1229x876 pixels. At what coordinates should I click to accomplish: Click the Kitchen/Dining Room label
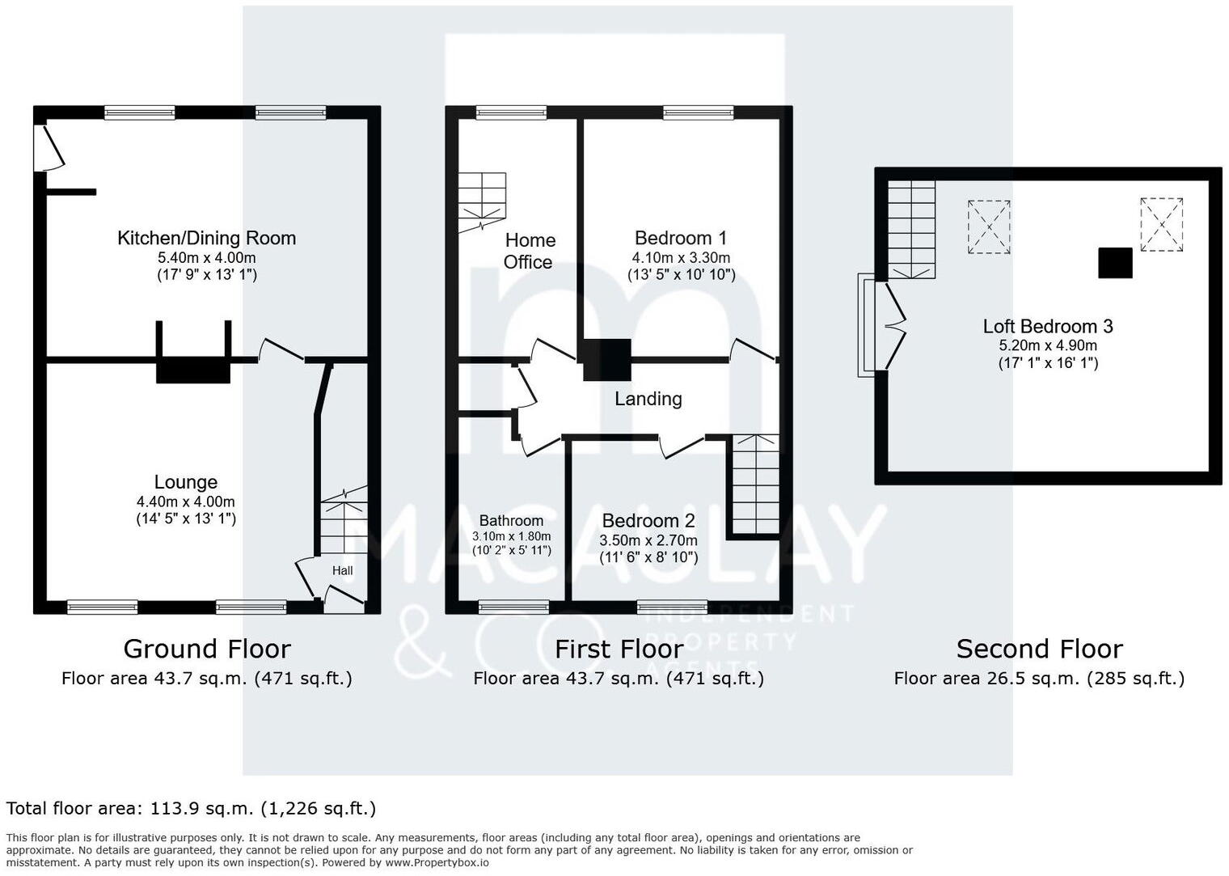click(x=206, y=238)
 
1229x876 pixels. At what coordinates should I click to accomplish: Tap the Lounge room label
click(x=185, y=482)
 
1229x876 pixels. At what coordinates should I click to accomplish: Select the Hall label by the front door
click(x=342, y=570)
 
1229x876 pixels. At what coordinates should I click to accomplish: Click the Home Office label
click(x=529, y=251)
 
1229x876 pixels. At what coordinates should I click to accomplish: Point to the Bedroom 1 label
click(x=680, y=238)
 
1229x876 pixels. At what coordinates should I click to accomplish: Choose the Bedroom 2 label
click(x=648, y=521)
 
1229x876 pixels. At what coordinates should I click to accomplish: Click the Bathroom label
click(x=511, y=521)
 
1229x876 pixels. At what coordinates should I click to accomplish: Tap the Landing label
click(x=648, y=399)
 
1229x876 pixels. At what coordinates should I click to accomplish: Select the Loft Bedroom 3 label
click(x=1047, y=326)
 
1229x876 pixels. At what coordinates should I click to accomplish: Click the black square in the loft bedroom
click(x=1114, y=263)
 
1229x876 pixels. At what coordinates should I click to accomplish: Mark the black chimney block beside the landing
click(x=606, y=359)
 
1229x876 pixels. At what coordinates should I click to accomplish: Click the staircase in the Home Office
click(x=482, y=201)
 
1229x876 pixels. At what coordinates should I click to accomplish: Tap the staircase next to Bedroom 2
click(x=755, y=485)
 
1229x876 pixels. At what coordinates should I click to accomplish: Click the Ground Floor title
click(x=206, y=649)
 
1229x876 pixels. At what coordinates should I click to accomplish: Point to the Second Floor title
click(x=1039, y=649)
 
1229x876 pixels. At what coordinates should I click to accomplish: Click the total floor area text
click(x=191, y=808)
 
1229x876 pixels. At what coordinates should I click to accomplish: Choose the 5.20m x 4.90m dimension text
click(x=1047, y=345)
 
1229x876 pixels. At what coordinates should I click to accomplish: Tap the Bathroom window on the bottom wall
click(x=513, y=607)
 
